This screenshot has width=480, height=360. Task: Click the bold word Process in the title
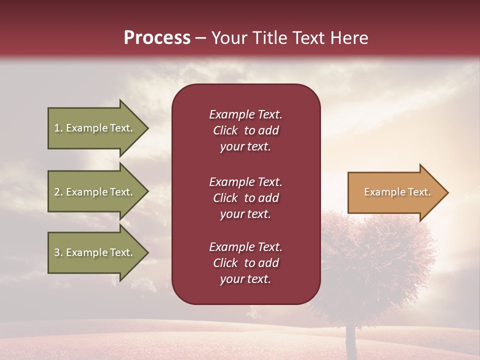[x=157, y=38]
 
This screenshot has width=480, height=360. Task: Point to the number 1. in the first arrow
[x=58, y=128]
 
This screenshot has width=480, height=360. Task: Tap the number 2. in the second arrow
[x=58, y=192]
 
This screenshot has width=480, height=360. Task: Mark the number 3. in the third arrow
[x=58, y=252]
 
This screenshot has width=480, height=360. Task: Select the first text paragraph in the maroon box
[x=245, y=130]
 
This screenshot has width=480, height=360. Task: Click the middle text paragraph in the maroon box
[x=245, y=198]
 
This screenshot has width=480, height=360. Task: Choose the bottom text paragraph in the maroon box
[x=245, y=263]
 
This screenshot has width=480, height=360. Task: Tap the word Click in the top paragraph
[x=225, y=130]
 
